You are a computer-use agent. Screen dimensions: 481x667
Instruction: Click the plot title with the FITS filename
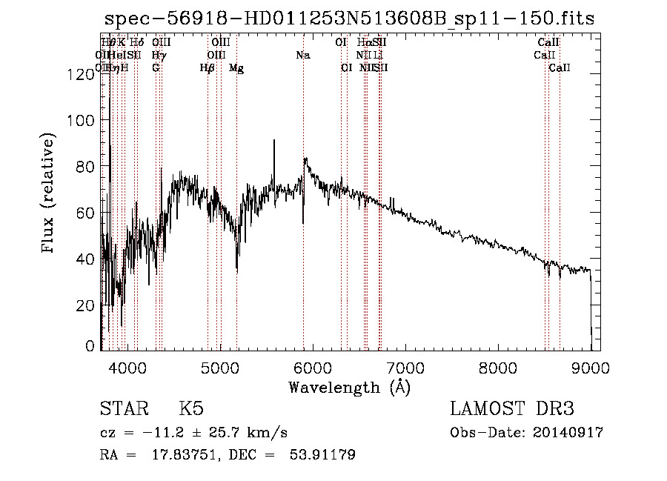(349, 19)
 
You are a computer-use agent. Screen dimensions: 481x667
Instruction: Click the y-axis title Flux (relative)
(50, 194)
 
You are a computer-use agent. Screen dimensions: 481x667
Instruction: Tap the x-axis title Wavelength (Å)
(349, 387)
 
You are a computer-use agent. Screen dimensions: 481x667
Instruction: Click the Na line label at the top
(303, 55)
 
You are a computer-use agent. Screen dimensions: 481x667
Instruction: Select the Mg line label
(236, 68)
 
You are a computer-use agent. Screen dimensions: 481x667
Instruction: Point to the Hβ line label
(208, 68)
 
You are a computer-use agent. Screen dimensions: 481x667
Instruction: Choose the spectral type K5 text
(191, 409)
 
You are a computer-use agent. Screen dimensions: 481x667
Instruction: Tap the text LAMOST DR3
(511, 409)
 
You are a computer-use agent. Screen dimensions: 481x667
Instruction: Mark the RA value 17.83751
(185, 455)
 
